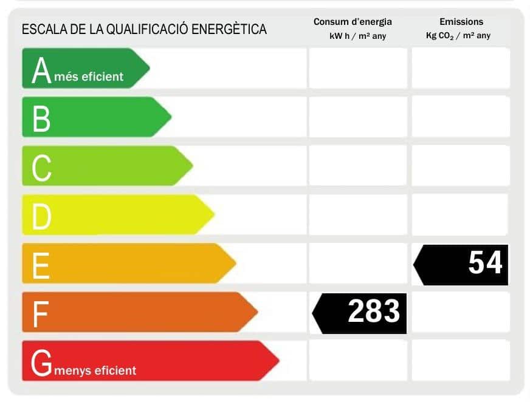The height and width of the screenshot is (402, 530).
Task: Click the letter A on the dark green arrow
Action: pyautogui.click(x=41, y=70)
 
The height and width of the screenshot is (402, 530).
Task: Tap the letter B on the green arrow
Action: pyautogui.click(x=41, y=118)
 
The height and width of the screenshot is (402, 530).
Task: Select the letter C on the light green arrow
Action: pyautogui.click(x=41, y=168)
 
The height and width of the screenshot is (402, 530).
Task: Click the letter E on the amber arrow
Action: pyautogui.click(x=40, y=265)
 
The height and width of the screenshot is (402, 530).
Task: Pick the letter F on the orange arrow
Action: pyautogui.click(x=40, y=314)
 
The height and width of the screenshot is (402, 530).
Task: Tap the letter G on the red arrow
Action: pyautogui.click(x=41, y=363)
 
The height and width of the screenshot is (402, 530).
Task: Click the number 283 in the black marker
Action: pyautogui.click(x=373, y=312)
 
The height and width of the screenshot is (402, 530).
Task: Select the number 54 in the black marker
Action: pyautogui.click(x=485, y=263)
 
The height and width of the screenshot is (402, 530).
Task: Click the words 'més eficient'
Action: pyautogui.click(x=89, y=77)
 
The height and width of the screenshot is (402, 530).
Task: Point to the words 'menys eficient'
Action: pyautogui.click(x=95, y=370)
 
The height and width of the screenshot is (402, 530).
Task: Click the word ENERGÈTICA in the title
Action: pyautogui.click(x=229, y=29)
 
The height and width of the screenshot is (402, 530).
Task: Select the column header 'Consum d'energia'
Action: pyautogui.click(x=353, y=22)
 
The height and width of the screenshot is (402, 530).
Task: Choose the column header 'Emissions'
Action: pyautogui.click(x=461, y=22)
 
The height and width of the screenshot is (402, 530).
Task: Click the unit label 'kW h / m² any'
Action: pyautogui.click(x=357, y=36)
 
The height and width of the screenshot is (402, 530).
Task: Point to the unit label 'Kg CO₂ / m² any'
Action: pyautogui.click(x=458, y=36)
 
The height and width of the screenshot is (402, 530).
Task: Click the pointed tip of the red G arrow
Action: pyautogui.click(x=278, y=361)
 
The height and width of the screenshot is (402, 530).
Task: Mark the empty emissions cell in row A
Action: pyautogui.click(x=461, y=68)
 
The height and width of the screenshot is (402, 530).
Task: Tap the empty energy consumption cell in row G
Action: pyautogui.click(x=358, y=360)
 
